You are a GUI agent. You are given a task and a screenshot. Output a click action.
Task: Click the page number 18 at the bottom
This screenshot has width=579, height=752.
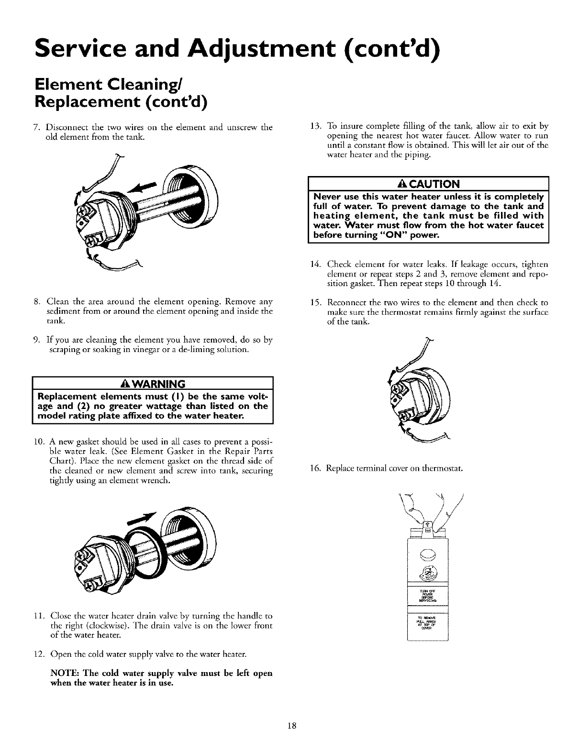(289, 726)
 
